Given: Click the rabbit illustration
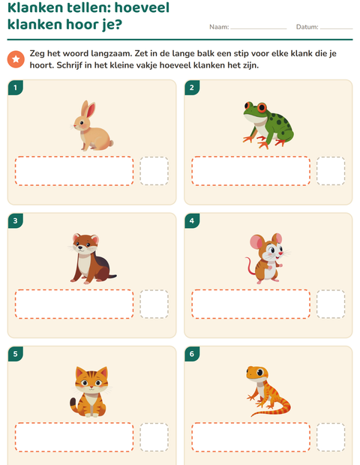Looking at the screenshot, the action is pyautogui.click(x=92, y=126).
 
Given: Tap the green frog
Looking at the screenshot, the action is pyautogui.click(x=268, y=125).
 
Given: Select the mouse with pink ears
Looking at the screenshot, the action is pyautogui.click(x=268, y=258).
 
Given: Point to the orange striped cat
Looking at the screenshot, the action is pyautogui.click(x=91, y=391).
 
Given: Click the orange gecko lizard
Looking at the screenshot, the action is pyautogui.click(x=268, y=391).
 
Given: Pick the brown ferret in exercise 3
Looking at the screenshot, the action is pyautogui.click(x=92, y=259).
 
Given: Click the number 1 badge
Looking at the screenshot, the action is pyautogui.click(x=16, y=88).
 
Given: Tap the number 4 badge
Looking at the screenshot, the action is pyautogui.click(x=192, y=220).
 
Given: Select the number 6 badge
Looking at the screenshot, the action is pyautogui.click(x=192, y=354).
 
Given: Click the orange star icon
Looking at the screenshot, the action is pyautogui.click(x=16, y=59).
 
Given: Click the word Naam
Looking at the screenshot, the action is pyautogui.click(x=219, y=27).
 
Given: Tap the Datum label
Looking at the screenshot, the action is pyautogui.click(x=307, y=27).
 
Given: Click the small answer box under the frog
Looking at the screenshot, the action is pyautogui.click(x=331, y=171).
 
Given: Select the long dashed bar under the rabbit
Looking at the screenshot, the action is pyautogui.click(x=74, y=171).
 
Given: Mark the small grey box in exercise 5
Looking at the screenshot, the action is pyautogui.click(x=154, y=437).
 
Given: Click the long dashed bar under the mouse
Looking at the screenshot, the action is pyautogui.click(x=250, y=304).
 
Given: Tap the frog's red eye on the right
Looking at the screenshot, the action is pyautogui.click(x=262, y=107).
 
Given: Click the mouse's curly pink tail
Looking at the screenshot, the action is pyautogui.click(x=250, y=265).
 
